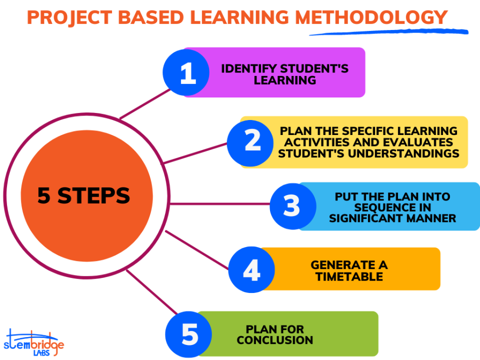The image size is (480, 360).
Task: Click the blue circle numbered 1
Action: click(186, 72)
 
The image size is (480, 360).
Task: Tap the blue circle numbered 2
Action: click(250, 143)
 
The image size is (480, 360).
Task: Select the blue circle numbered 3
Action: click(293, 206)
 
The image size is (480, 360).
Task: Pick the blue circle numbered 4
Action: click(251, 269)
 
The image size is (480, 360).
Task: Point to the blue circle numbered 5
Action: click(188, 334)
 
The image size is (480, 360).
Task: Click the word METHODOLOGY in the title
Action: click(371, 17)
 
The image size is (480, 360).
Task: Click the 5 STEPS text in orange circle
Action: click(83, 195)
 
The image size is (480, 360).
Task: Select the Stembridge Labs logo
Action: click(33, 343)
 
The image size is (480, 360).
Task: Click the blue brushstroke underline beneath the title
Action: click(389, 32)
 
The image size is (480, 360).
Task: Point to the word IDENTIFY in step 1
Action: click(249, 68)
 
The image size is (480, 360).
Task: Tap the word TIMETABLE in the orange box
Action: click(349, 276)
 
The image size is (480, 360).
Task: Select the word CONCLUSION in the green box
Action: click(275, 340)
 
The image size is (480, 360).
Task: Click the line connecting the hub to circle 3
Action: click(220, 204)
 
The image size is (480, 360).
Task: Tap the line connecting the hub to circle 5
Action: click(152, 292)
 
